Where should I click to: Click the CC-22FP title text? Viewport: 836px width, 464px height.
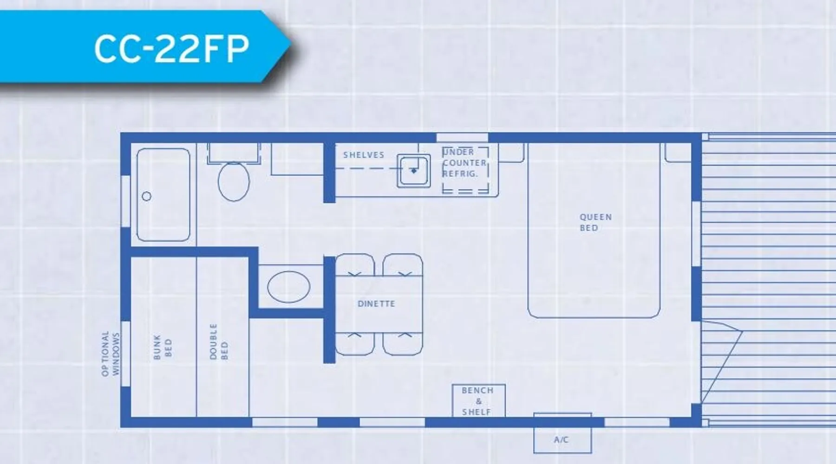[x=171, y=48]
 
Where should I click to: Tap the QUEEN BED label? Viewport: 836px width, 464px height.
[x=595, y=222]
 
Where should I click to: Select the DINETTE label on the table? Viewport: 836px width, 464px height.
[x=376, y=304]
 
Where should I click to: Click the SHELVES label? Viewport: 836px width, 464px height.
[x=364, y=155]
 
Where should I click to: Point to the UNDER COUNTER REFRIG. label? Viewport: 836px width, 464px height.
[x=464, y=163]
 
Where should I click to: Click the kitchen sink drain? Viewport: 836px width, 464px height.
[x=414, y=171]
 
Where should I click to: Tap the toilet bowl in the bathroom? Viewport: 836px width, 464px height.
[x=234, y=181]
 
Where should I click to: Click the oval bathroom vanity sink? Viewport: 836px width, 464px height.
[x=289, y=287]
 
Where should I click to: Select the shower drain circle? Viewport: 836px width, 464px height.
[x=147, y=196]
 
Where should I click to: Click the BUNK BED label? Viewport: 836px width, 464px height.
[x=163, y=347]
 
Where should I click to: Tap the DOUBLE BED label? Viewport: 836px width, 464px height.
[x=219, y=342]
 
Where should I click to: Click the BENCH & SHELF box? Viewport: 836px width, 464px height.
[x=478, y=401]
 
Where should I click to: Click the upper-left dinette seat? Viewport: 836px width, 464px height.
[x=355, y=265]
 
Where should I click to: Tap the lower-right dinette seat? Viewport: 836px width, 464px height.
[x=403, y=344]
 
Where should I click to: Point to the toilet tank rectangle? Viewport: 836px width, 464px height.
[x=234, y=153]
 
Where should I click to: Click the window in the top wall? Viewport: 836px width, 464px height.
[x=462, y=137]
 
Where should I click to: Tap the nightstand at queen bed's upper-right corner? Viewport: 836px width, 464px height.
[x=678, y=153]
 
